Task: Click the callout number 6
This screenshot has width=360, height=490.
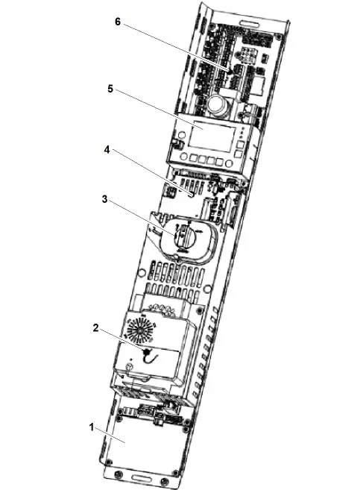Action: [118, 22]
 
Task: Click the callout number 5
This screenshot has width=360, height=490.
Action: [110, 89]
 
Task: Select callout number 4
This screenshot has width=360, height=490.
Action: [107, 150]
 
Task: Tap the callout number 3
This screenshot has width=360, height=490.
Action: [104, 199]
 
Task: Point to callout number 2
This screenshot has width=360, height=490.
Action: [95, 328]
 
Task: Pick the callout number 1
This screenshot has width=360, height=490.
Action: [92, 427]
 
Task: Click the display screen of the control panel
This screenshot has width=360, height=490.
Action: [211, 137]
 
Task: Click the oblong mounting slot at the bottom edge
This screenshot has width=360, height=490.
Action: [142, 478]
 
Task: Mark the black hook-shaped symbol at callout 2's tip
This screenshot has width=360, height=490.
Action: [149, 356]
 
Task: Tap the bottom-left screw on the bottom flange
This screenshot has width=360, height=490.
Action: [119, 474]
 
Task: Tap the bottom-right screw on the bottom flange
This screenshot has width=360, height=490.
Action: [165, 481]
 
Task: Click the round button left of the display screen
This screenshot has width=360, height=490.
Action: [180, 135]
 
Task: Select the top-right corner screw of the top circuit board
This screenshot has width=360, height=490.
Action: [278, 37]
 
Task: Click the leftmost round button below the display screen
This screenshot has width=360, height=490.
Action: [184, 157]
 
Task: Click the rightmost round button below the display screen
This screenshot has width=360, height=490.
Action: [230, 163]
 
